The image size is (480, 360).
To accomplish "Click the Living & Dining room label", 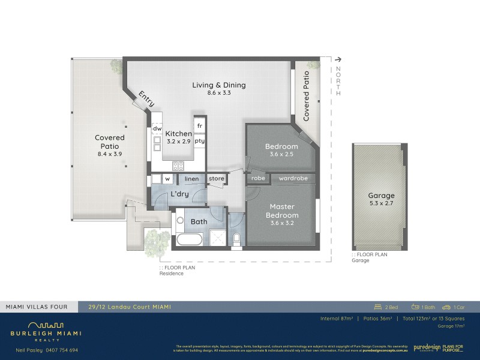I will tap(219, 85).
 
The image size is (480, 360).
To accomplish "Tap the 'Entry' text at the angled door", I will tap(146, 99).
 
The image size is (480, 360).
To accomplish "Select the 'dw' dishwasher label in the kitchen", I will tap(157, 128).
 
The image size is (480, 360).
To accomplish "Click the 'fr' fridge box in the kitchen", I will tap(199, 125).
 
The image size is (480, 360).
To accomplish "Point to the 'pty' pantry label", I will tap(199, 141).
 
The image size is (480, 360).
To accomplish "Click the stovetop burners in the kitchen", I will tap(179, 166).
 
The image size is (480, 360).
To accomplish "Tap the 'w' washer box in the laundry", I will tap(168, 179).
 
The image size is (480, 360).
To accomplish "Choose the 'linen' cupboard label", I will tap(191, 179).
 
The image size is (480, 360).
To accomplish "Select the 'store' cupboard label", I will tap(216, 178).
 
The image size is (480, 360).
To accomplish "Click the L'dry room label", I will tap(180, 194).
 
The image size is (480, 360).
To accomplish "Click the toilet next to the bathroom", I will tap(236, 239).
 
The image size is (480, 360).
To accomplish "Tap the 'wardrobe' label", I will tap(293, 178).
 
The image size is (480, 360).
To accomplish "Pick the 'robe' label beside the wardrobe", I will tap(258, 178).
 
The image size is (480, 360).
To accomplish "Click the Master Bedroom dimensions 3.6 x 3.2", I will tap(281, 223).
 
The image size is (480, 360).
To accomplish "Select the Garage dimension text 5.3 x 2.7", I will tap(381, 203).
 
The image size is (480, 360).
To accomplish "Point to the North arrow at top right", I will tap(339, 59).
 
